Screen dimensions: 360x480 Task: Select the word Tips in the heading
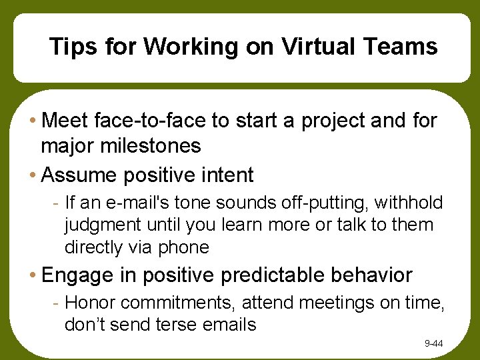click(69, 47)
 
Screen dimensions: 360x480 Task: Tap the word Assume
click(78, 175)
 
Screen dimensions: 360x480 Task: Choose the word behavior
click(377, 275)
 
